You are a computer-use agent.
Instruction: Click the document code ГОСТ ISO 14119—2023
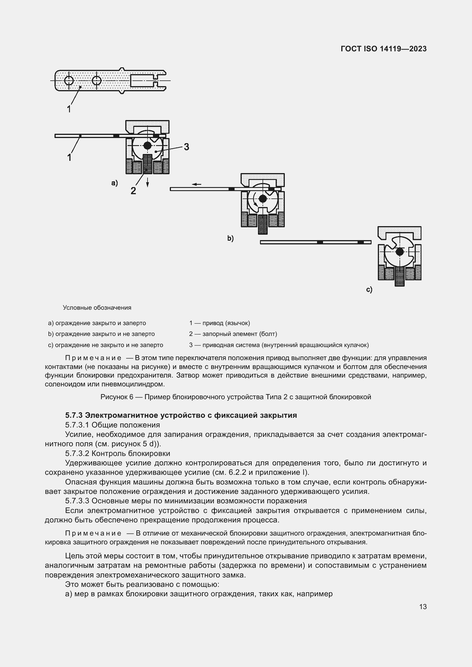click(383, 49)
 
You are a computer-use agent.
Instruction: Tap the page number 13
click(423, 607)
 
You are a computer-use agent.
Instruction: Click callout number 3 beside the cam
click(186, 147)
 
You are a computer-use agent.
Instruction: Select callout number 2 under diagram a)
click(133, 191)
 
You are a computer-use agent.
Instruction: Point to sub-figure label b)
click(230, 238)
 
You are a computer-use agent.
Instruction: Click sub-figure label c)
click(369, 290)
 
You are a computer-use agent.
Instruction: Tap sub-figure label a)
click(114, 183)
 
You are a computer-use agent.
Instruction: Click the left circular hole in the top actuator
click(69, 80)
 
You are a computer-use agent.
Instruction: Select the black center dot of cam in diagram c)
click(400, 252)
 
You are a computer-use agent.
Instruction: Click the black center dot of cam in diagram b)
click(263, 199)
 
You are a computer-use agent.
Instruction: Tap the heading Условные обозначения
click(97, 308)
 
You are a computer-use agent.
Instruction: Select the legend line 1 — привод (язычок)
click(219, 323)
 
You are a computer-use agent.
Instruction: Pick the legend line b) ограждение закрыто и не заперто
click(101, 334)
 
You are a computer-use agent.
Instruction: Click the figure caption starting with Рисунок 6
click(236, 397)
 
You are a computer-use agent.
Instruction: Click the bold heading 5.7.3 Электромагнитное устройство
click(181, 415)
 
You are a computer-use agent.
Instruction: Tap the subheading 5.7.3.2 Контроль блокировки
click(117, 453)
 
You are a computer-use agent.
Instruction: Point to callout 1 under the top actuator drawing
click(69, 109)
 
